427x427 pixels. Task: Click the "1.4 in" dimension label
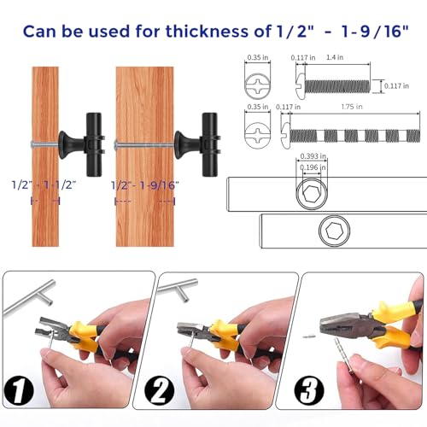point(335,57)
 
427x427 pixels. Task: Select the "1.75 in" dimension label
point(352,107)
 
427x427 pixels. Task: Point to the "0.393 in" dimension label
point(313,156)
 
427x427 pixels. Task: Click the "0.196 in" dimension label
point(313,167)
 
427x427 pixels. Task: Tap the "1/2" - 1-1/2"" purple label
point(44,185)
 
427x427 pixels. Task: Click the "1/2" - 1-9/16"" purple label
point(145,185)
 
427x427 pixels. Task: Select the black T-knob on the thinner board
point(82,144)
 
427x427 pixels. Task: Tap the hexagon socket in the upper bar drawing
point(312,194)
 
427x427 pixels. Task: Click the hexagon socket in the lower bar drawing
point(334,231)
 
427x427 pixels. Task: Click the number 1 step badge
point(19,390)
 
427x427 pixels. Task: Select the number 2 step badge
point(159,390)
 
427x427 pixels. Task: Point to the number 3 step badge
point(309,390)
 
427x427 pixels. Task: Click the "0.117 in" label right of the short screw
point(396,86)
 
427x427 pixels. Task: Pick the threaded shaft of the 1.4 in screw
point(337,86)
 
